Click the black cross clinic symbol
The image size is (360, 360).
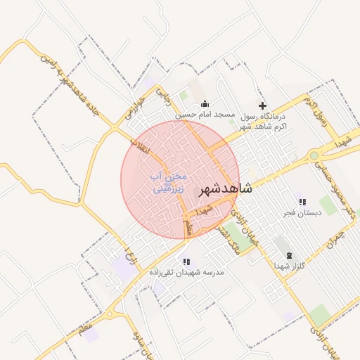263,105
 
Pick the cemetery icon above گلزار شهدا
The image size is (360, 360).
289,255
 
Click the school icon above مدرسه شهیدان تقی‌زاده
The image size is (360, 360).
186,262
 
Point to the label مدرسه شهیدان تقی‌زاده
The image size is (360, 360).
185,272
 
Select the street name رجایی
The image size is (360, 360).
162,96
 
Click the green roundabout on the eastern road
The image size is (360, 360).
314,156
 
